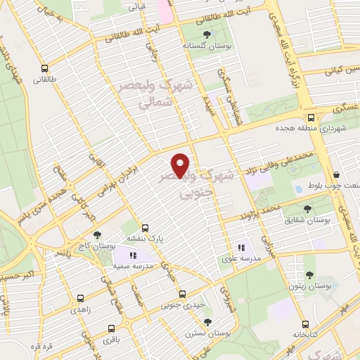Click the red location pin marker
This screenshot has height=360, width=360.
(x=181, y=165)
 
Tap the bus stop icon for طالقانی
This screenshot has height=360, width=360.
(x=46, y=69)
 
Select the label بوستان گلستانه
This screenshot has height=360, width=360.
(x=205, y=44)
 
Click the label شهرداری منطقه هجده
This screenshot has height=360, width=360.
(x=310, y=129)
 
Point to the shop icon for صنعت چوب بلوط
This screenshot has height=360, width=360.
(x=335, y=174)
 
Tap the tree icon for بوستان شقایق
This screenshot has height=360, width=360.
(x=307, y=208)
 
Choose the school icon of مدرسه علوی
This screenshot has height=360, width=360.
(x=240, y=247)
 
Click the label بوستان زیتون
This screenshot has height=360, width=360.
(x=309, y=286)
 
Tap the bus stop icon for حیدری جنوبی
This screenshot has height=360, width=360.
(x=183, y=294)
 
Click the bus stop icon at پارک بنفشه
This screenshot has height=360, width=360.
(x=145, y=228)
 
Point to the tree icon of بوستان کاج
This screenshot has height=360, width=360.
(x=96, y=235)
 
